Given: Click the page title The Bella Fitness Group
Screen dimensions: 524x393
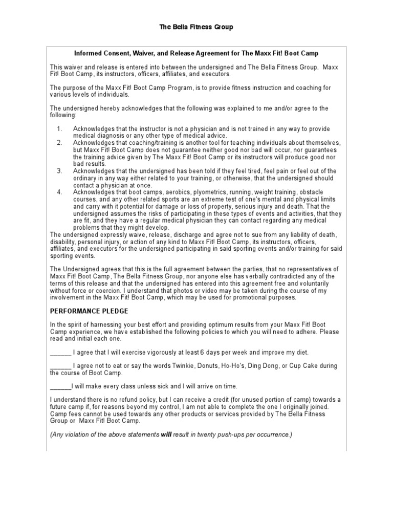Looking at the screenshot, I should (196, 27).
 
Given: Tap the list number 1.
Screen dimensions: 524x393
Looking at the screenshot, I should (59, 128).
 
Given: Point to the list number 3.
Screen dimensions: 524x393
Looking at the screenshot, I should (59, 170).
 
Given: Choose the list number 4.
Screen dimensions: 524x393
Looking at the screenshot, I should (59, 192).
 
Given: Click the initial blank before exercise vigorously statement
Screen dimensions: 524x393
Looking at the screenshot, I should (60, 353).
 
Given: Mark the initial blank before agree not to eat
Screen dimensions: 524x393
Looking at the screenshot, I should (60, 366).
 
